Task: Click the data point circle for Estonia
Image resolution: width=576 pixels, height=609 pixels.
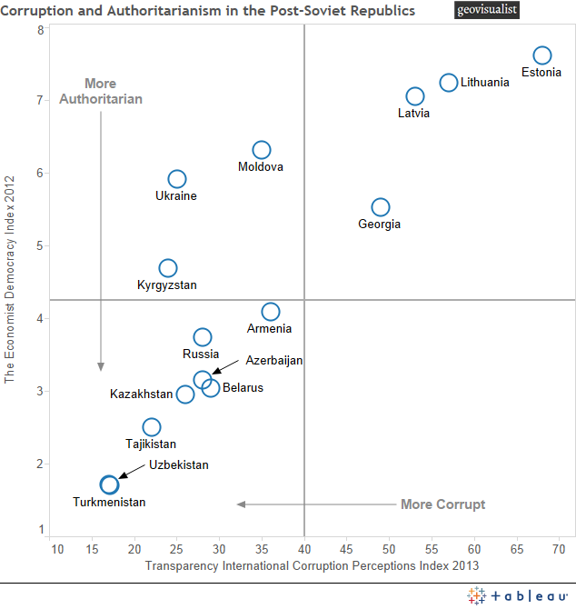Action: [542, 55]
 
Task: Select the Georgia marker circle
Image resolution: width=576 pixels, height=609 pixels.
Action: [381, 207]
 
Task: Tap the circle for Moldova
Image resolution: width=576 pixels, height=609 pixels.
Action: [262, 150]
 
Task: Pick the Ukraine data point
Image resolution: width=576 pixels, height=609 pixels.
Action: [177, 179]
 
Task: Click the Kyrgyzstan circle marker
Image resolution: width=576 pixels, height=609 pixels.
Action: [168, 268]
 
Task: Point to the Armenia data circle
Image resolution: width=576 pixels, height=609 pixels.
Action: [271, 312]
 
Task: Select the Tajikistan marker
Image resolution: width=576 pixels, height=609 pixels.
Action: [152, 427]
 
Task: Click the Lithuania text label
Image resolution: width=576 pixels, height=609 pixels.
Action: [485, 83]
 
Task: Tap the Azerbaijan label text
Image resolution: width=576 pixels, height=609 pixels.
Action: [273, 361]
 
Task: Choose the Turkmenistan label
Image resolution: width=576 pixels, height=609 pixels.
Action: [109, 502]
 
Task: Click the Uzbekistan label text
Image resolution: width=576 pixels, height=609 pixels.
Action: [179, 465]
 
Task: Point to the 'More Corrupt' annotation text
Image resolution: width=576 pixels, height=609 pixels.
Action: [443, 504]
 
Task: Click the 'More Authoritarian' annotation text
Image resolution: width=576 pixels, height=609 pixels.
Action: [101, 92]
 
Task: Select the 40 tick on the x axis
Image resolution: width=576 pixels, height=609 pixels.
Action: [303, 549]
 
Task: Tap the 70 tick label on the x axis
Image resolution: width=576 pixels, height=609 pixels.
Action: [558, 549]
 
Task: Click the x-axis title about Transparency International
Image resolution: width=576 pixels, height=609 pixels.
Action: [312, 566]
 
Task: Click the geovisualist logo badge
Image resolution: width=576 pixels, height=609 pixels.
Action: [487, 11]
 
